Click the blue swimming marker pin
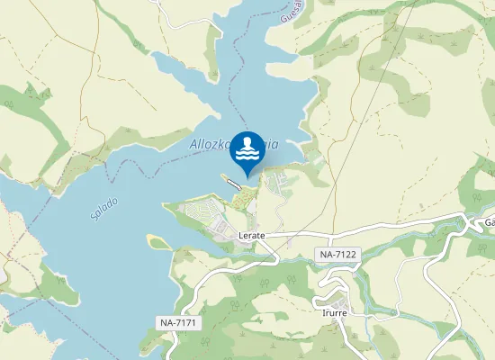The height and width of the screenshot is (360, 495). pos(247,150)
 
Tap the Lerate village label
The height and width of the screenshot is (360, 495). pos(252,235)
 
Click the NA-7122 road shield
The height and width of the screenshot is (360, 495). pos(338,255)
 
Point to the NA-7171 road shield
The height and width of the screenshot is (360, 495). pos(177,322)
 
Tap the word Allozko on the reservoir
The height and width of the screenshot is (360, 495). pos(210,143)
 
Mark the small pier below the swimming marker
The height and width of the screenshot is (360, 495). pos(235,184)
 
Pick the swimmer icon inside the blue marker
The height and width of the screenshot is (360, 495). pos(247,143)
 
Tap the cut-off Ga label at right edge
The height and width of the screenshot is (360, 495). pos(489,222)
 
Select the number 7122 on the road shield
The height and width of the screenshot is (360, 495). pos(345,255)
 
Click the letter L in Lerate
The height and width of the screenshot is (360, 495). pos(241,235)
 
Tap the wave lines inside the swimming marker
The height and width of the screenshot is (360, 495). pos(247,156)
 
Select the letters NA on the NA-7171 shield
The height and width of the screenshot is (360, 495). pos(166,322)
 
